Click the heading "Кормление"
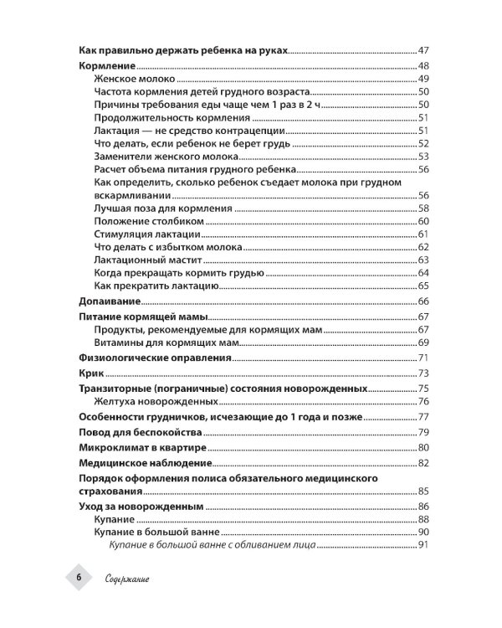point(106,66)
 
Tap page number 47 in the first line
point(423,51)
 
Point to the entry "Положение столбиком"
point(149,221)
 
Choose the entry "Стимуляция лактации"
point(146,234)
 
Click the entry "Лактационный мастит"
point(146,260)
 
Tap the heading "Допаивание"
point(109,301)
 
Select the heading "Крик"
point(90,373)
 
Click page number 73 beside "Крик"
point(423,373)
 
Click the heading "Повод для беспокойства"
point(140,432)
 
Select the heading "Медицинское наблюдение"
point(144,463)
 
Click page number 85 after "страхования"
point(423,491)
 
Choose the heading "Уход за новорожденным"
point(141,507)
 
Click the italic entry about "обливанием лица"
point(212,546)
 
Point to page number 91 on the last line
point(423,546)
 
